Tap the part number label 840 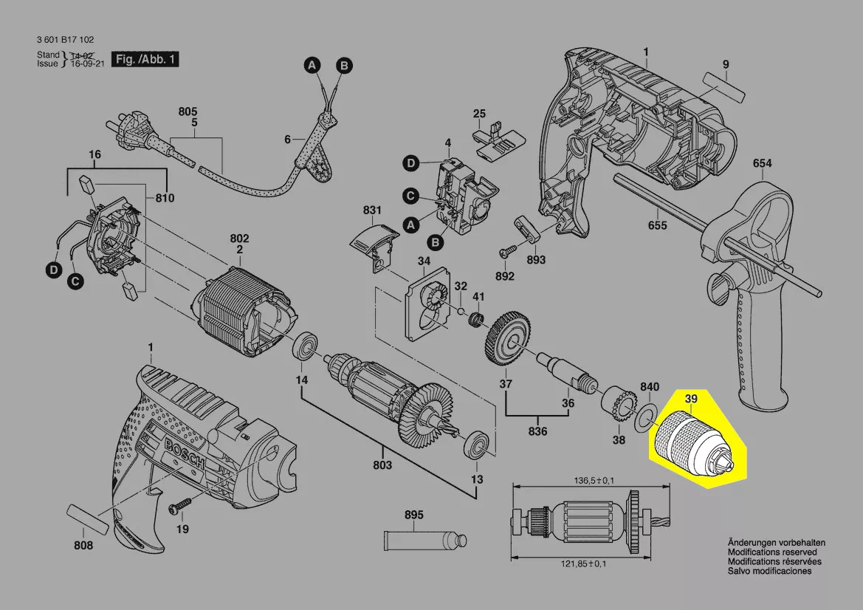(649, 388)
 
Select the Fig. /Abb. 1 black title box (145, 59)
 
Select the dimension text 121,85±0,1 (579, 564)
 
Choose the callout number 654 (763, 163)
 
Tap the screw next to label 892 (508, 252)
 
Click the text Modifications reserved (771, 552)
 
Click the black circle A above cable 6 (312, 66)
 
